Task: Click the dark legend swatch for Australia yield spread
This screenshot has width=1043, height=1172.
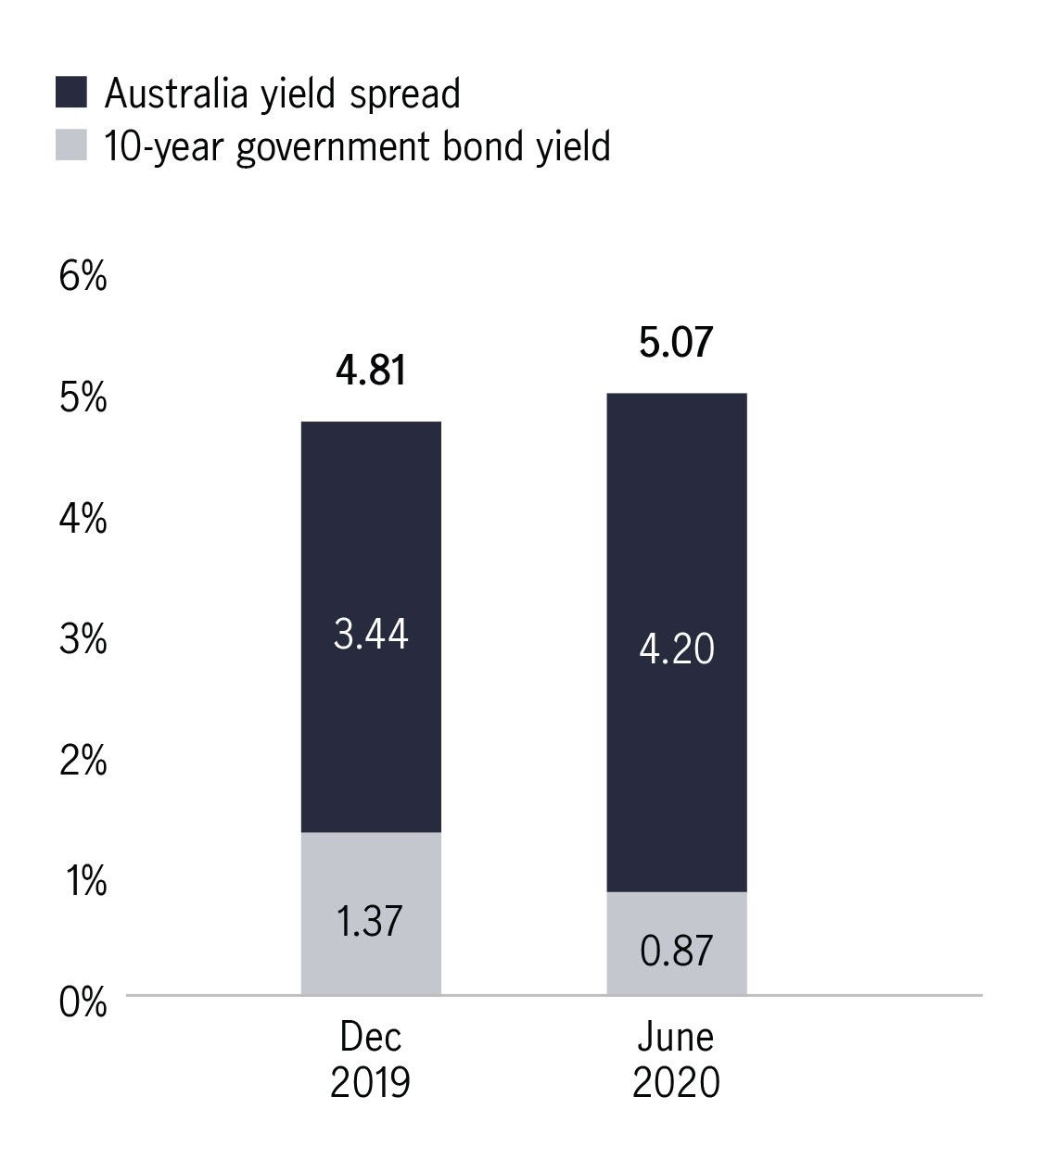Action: (70, 93)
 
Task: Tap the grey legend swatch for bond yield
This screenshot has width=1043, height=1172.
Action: (70, 145)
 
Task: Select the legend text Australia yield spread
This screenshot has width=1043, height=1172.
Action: (282, 94)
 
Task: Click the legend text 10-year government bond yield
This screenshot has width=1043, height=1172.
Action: (357, 146)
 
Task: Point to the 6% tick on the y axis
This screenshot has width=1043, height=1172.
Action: (83, 276)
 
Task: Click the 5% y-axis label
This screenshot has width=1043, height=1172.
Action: (83, 397)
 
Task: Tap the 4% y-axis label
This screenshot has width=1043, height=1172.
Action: (83, 519)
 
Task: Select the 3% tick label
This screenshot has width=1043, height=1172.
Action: (83, 639)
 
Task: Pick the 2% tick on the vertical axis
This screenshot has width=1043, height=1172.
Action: (83, 761)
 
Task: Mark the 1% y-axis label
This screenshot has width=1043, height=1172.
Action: (83, 881)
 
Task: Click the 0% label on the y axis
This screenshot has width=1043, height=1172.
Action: (83, 1002)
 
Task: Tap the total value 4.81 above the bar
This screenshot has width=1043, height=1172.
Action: (371, 371)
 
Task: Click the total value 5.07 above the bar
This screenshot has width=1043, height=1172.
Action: (676, 342)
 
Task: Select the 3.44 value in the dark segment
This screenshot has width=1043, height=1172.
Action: (371, 636)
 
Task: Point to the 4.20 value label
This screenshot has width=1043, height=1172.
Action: (677, 649)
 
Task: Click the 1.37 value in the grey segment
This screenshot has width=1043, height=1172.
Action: (371, 921)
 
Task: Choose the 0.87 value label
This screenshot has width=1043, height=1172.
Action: (677, 951)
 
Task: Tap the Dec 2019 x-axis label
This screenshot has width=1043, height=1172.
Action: (371, 1059)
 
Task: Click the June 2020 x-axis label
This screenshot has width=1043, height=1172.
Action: (676, 1059)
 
